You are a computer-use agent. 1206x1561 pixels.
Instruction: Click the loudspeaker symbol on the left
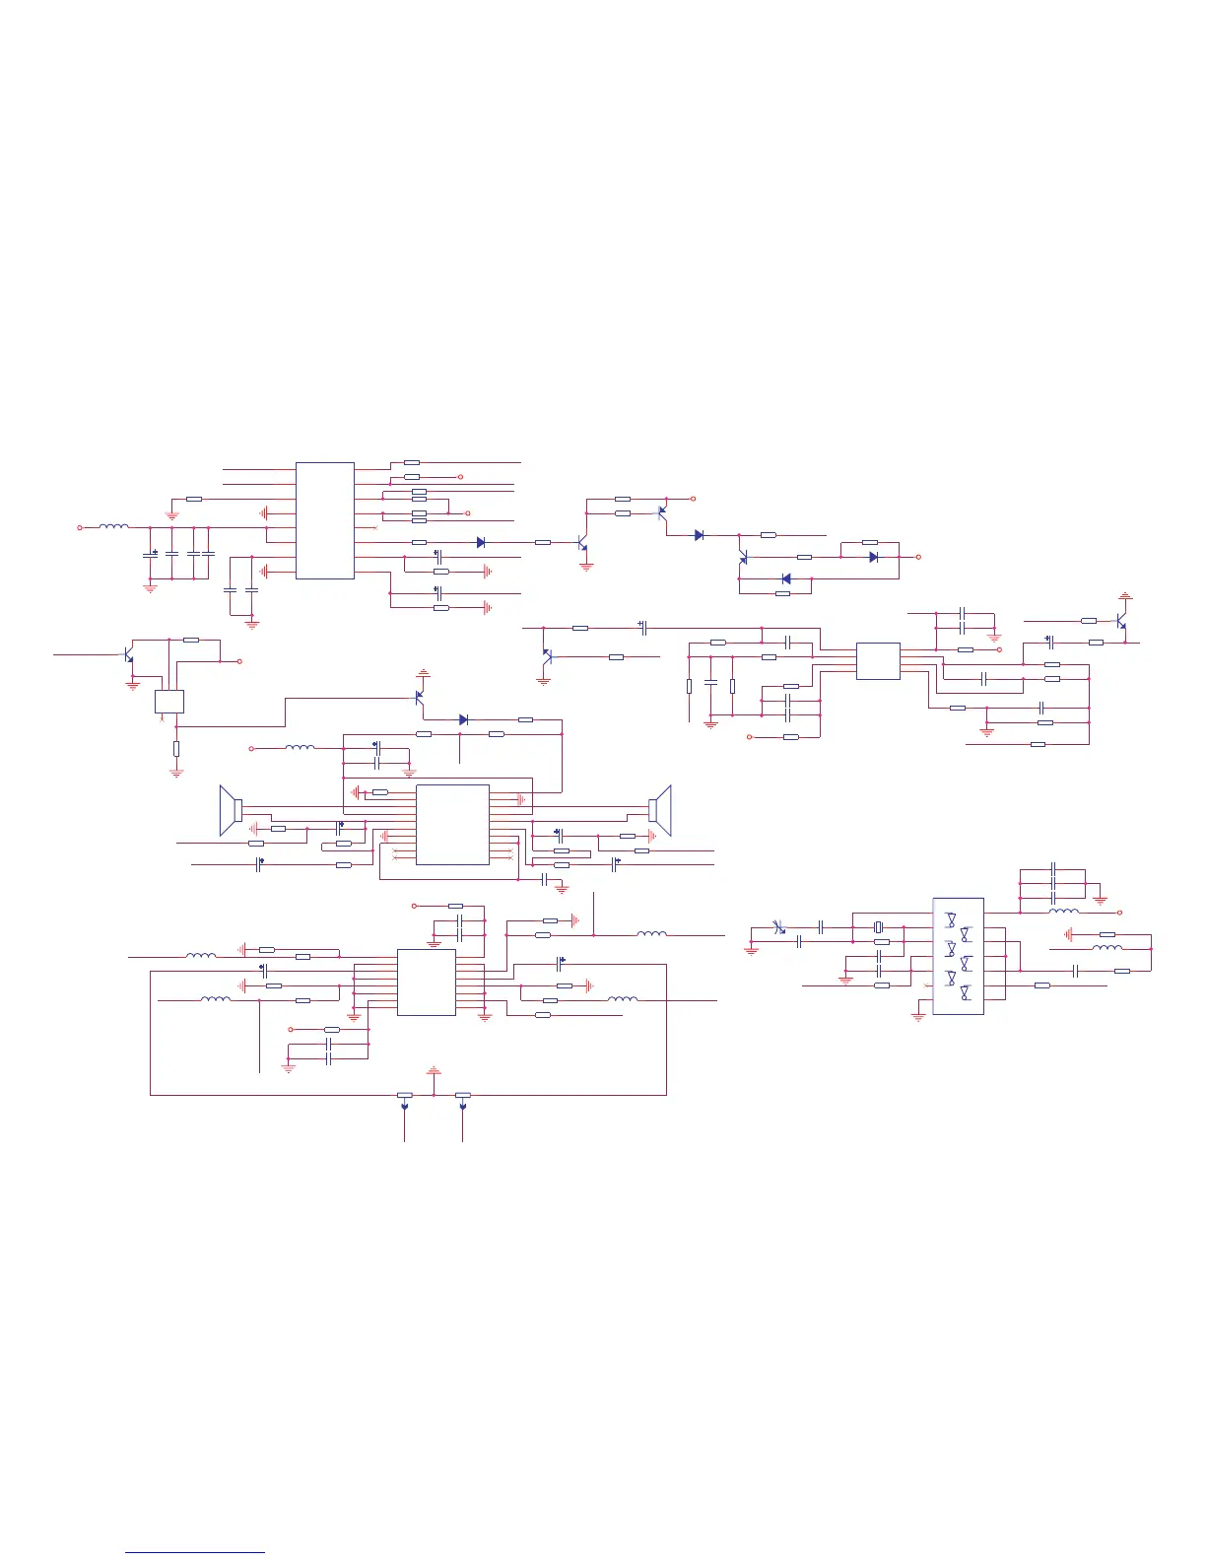tap(232, 810)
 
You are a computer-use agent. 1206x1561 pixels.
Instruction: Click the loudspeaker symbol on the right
tap(660, 809)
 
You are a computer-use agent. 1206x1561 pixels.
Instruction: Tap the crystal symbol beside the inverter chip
tap(882, 927)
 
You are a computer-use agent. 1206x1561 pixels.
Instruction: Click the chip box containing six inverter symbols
tap(958, 956)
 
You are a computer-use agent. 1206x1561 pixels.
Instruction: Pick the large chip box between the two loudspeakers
tap(452, 825)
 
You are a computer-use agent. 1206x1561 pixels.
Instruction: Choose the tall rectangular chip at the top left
tap(325, 520)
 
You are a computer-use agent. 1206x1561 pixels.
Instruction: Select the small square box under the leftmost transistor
tap(169, 701)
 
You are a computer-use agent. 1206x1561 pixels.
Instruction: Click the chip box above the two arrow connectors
tap(426, 982)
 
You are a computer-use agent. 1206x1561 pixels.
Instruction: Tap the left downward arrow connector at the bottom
tap(405, 1109)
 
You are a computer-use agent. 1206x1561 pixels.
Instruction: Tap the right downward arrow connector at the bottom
tap(463, 1109)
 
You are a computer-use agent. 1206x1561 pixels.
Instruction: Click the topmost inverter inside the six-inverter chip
tap(951, 919)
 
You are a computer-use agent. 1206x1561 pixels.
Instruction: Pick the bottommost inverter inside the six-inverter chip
tap(965, 990)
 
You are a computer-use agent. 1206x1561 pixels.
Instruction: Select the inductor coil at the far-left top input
tap(113, 527)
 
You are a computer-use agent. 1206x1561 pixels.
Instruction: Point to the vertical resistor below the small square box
tap(176, 749)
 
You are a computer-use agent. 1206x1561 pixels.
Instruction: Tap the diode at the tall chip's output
tap(481, 542)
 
